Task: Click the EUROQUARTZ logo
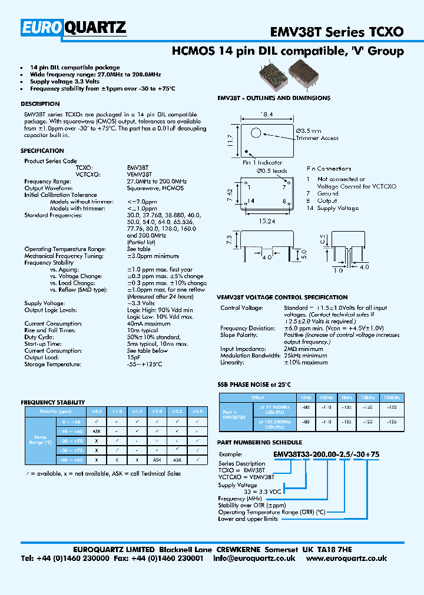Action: tap(74, 28)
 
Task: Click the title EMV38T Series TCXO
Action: tap(337, 31)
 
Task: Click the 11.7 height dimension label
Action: tap(231, 141)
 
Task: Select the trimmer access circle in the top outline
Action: tap(257, 133)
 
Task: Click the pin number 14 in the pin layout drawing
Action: tap(250, 200)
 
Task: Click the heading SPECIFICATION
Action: tap(42, 151)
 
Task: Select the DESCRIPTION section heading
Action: tap(40, 104)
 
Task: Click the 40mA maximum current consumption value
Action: tap(148, 323)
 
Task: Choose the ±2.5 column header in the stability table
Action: tap(177, 412)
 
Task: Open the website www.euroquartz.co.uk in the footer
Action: tap(346, 558)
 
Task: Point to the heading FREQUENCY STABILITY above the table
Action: tap(49, 402)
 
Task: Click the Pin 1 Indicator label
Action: tap(263, 163)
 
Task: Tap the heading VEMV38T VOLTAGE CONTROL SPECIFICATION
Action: tap(283, 297)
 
